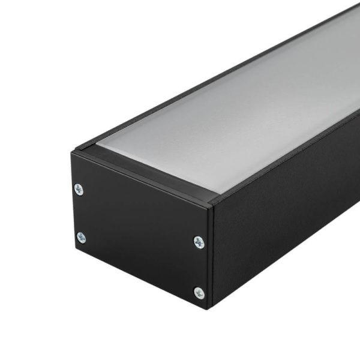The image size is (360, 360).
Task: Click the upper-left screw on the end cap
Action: pyautogui.click(x=79, y=190)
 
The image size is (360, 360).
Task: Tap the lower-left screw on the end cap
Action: pyautogui.click(x=81, y=238)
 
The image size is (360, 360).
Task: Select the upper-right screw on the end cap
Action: pyautogui.click(x=199, y=242)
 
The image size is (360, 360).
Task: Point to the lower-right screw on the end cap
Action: pyautogui.click(x=199, y=293)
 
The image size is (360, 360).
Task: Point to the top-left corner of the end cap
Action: pyautogui.click(x=72, y=152)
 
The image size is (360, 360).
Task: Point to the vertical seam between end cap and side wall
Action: pyautogui.click(x=211, y=258)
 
